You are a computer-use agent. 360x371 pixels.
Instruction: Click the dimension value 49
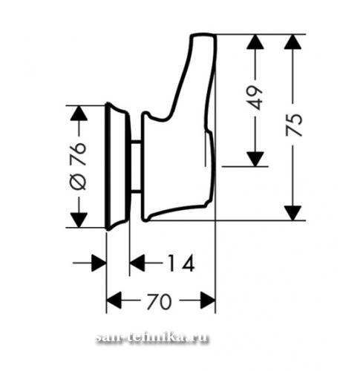pyautogui.click(x=255, y=97)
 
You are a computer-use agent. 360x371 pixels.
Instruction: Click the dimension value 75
pyautogui.click(x=294, y=125)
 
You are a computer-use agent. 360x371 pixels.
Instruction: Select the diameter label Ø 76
pyautogui.click(x=79, y=166)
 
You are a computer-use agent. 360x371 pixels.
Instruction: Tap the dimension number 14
pyautogui.click(x=181, y=263)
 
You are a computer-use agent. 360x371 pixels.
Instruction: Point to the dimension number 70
pyautogui.click(x=159, y=301)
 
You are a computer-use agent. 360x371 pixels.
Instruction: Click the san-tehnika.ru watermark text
pyautogui.click(x=151, y=338)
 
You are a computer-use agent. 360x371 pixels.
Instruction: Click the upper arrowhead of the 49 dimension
pyautogui.click(x=255, y=42)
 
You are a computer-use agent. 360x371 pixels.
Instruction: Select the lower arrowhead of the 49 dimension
pyautogui.click(x=255, y=159)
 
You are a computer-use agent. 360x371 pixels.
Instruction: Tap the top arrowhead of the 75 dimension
pyautogui.click(x=292, y=42)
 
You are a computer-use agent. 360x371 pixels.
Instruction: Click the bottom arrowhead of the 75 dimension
pyautogui.click(x=292, y=213)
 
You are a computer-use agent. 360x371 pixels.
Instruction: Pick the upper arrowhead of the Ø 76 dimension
pyautogui.click(x=79, y=114)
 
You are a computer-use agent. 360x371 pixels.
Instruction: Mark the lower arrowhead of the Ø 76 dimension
pyautogui.click(x=79, y=220)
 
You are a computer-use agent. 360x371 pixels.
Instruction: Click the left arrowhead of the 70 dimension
pyautogui.click(x=114, y=301)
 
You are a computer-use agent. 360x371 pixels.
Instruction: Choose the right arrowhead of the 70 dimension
pyautogui.click(x=208, y=301)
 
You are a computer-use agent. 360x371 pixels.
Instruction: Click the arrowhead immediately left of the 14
pyautogui.click(x=137, y=263)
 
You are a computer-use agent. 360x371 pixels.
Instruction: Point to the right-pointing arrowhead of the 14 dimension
pyautogui.click(x=99, y=263)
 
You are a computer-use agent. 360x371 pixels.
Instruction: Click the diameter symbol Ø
pyautogui.click(x=79, y=182)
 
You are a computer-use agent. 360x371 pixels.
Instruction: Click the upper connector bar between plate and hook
pyautogui.click(x=135, y=142)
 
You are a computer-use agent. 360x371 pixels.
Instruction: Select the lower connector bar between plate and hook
pyautogui.click(x=135, y=191)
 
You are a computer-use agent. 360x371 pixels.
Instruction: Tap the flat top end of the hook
pyautogui.click(x=203, y=35)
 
